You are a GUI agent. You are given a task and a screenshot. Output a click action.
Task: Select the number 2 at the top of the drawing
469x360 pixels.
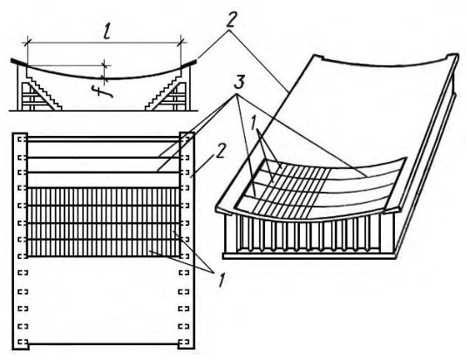230,21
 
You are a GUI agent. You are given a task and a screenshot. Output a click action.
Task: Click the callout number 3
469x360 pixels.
239,82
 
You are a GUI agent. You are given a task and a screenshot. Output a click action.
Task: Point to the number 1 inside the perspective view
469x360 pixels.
254,123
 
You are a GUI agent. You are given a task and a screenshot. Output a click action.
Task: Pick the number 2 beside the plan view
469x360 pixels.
221,152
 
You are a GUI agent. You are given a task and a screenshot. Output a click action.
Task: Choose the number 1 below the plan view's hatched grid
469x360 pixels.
221,280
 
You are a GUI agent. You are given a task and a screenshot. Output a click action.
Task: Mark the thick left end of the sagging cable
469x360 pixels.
19,62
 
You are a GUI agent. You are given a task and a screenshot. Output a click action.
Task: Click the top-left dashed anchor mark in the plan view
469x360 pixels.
22,139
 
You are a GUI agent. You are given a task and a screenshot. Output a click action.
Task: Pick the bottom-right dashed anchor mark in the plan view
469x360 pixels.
183,342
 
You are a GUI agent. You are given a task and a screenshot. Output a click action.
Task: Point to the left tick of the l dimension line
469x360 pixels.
28,43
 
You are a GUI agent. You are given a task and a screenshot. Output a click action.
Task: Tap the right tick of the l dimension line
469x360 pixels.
181,43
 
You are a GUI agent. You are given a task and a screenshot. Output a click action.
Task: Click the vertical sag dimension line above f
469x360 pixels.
105,71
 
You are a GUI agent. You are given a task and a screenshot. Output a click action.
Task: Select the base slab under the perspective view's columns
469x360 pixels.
309,256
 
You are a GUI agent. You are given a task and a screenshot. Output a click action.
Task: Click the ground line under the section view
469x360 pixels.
103,111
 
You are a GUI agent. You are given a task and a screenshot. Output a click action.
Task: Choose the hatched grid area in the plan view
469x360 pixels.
104,222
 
